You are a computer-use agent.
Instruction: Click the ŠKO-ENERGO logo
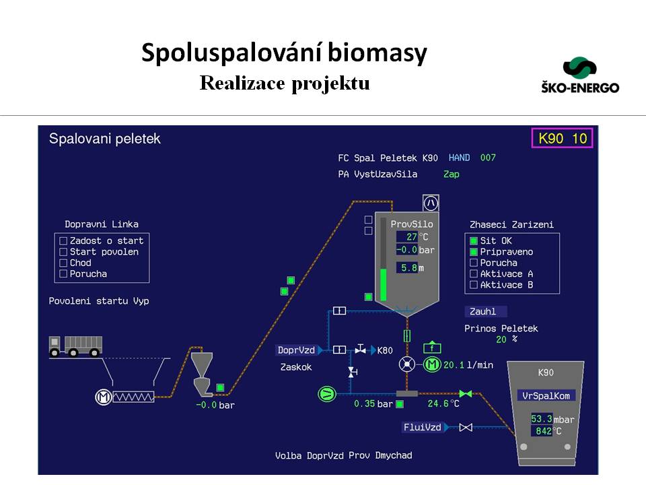(x=579, y=75)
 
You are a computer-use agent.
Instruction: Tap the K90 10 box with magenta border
(x=562, y=139)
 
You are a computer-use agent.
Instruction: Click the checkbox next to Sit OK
(x=474, y=240)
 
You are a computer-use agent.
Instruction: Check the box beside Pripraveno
(x=474, y=252)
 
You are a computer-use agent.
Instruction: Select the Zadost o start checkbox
(x=63, y=240)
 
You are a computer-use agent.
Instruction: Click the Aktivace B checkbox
(x=474, y=285)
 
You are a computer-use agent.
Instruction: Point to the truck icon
(x=75, y=346)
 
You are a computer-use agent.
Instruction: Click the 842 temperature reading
(x=542, y=431)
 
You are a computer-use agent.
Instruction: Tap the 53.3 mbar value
(x=542, y=419)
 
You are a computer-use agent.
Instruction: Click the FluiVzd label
(x=422, y=427)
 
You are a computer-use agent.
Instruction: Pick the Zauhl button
(x=485, y=311)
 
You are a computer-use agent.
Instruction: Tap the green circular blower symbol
(x=326, y=393)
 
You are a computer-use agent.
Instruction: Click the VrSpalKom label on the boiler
(x=546, y=396)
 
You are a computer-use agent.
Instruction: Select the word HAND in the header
(x=459, y=158)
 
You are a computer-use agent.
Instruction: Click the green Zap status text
(x=451, y=174)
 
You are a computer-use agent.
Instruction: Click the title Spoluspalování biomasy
(x=284, y=53)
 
